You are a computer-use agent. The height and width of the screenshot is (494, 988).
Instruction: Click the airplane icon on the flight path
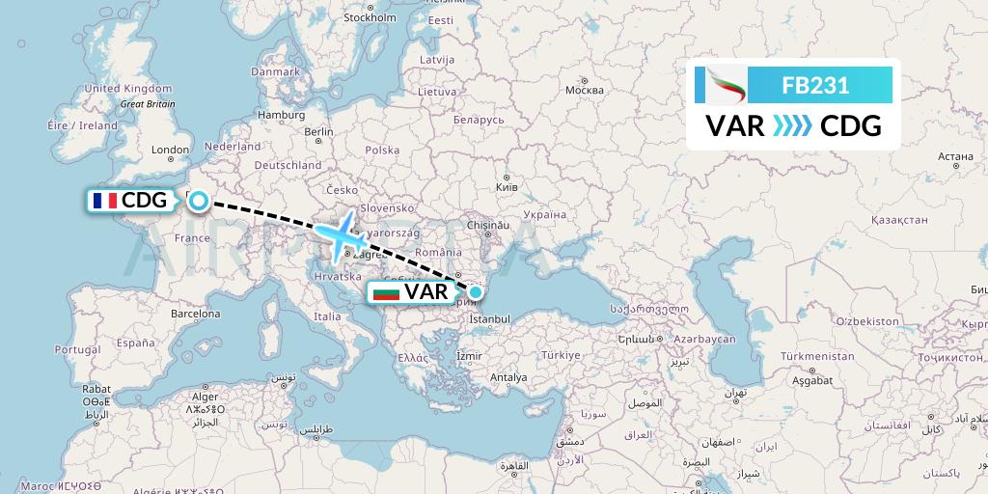(x=339, y=236)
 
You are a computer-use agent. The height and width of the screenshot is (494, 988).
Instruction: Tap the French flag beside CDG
(x=104, y=201)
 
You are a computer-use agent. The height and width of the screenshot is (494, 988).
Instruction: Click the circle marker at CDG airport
(x=198, y=201)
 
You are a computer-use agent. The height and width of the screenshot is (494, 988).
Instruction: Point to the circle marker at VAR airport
(x=475, y=291)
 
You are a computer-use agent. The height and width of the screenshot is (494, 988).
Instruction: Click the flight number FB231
(x=815, y=85)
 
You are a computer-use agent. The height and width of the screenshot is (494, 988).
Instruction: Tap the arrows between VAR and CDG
(x=792, y=126)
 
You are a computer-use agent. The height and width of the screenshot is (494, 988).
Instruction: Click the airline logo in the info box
(x=722, y=86)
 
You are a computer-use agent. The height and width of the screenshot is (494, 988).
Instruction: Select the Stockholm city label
(x=370, y=17)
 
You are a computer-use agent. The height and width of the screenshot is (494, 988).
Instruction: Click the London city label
(x=170, y=150)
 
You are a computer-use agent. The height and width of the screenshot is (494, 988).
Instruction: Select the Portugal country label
(x=78, y=349)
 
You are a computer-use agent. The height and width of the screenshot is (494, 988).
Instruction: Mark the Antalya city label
(x=508, y=377)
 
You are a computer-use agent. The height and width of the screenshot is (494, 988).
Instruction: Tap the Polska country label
(x=382, y=151)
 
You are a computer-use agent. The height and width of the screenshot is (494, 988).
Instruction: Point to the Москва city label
(x=584, y=91)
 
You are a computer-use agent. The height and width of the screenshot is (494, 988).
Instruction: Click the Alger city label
(x=206, y=396)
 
